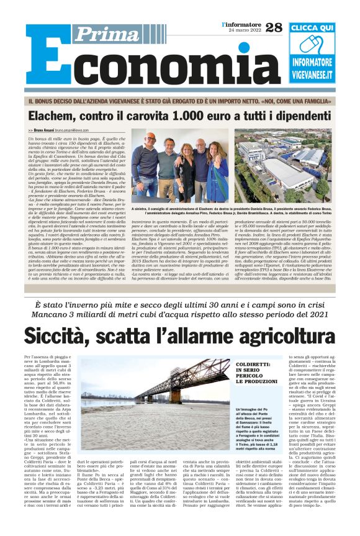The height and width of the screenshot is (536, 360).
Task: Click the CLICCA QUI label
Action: pyautogui.click(x=312, y=28)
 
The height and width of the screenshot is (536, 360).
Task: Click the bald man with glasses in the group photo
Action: pyautogui.click(x=151, y=155)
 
